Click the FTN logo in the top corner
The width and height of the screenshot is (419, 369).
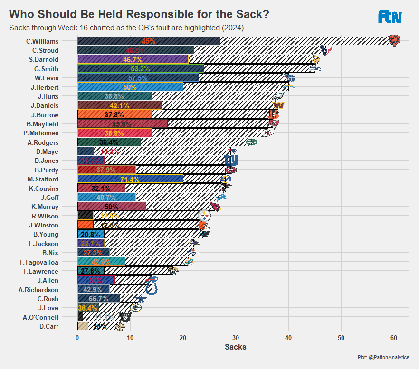click(390, 17)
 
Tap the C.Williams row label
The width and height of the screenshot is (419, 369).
click(42, 41)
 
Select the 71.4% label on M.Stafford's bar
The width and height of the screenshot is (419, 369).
click(130, 180)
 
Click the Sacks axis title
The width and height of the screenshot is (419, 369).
click(235, 347)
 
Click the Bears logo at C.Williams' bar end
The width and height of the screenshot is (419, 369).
click(394, 40)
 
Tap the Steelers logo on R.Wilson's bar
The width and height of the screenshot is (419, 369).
click(204, 216)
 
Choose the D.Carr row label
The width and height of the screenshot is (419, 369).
click(49, 326)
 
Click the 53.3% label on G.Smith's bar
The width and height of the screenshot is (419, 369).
click(140, 69)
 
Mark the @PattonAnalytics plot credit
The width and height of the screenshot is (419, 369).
click(384, 357)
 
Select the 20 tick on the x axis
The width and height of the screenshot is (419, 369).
click(183, 338)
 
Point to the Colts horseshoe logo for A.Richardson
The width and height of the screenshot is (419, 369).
click(151, 288)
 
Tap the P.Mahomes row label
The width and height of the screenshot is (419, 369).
click(44, 133)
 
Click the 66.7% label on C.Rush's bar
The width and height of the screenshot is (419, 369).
click(98, 299)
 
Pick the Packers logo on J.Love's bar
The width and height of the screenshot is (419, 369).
click(135, 308)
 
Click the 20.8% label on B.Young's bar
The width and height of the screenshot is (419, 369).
click(90, 235)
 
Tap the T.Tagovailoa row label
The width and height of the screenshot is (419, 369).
click(39, 262)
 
